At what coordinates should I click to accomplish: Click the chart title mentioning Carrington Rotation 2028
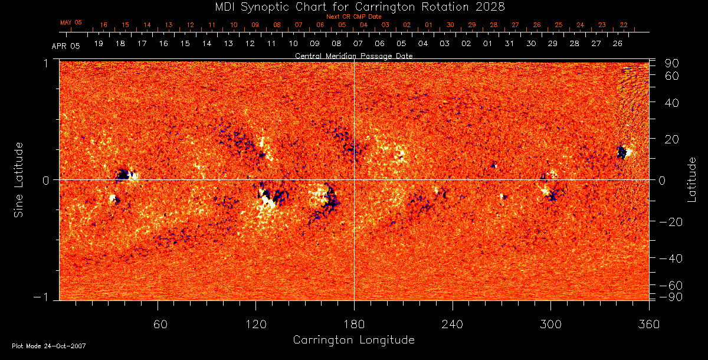354,6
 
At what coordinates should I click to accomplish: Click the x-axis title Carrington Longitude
353,340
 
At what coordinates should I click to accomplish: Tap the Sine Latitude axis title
19,179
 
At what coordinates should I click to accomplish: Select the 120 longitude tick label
255,324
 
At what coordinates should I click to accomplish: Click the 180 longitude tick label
354,324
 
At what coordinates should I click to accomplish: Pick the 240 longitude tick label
453,324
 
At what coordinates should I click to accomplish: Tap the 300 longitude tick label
550,324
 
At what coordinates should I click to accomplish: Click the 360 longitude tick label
649,324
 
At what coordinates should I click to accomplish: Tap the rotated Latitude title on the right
692,179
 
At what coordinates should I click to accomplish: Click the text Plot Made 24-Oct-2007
49,346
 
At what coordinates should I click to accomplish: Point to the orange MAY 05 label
71,22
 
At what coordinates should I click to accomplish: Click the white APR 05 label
65,45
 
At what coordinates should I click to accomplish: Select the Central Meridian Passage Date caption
353,55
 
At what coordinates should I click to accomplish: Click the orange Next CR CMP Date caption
353,17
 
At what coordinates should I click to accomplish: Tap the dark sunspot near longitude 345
621,152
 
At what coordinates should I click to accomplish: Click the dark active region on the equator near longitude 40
123,175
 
